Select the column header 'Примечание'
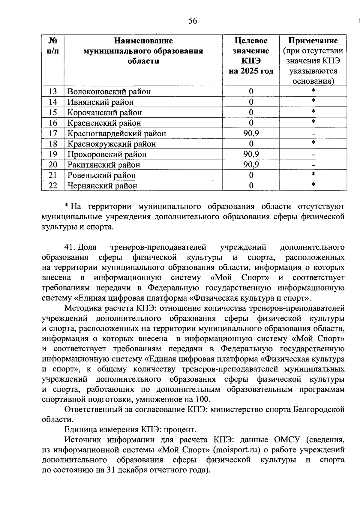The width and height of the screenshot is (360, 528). tap(313, 41)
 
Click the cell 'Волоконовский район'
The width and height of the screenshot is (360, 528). tap(109, 92)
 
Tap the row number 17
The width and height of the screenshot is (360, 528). tap(53, 133)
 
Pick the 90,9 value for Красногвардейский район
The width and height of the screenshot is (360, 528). tap(251, 133)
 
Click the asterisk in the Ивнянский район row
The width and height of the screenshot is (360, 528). tap(313, 101)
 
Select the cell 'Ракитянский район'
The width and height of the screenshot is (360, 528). tap(104, 165)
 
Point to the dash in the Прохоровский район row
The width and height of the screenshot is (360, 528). tap(313, 155)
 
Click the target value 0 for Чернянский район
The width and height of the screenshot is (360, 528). tap(251, 186)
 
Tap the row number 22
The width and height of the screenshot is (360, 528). tap(53, 186)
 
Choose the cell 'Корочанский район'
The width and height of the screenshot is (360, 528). tap(105, 112)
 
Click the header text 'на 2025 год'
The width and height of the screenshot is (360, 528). tap(251, 71)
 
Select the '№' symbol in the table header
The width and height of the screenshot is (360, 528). tap(53, 41)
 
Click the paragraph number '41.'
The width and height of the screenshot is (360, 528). tap(70, 247)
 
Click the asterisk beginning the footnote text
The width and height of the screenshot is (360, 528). tap(66, 206)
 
